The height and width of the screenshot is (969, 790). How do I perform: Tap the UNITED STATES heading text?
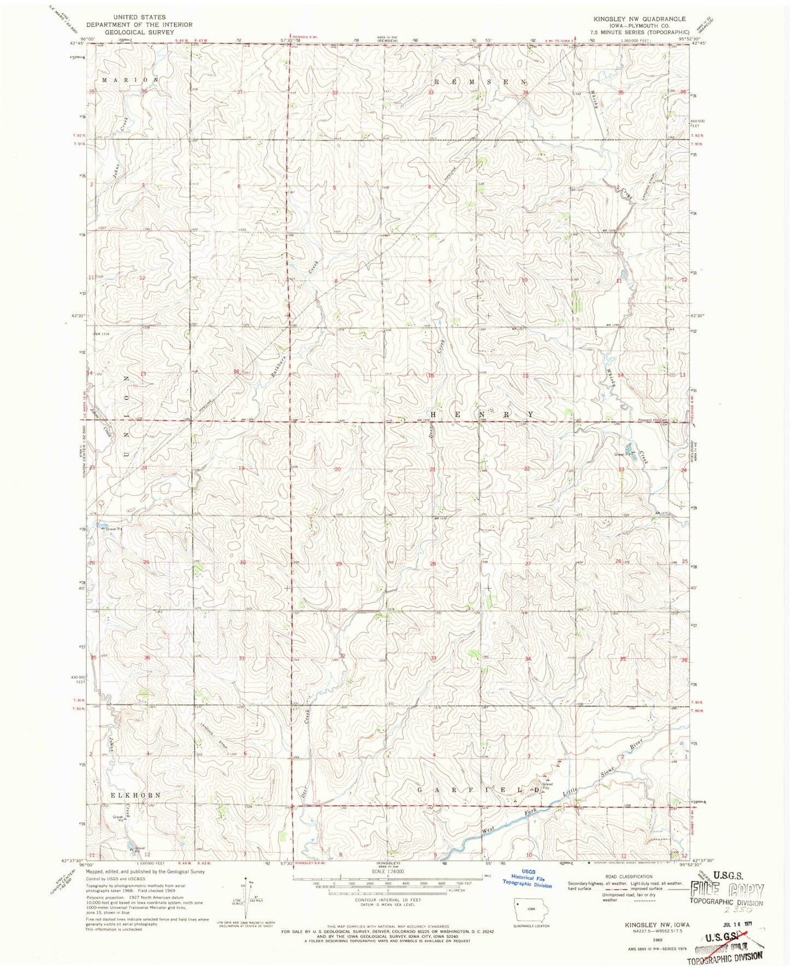[x=139, y=17]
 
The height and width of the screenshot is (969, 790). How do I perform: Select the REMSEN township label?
[x=481, y=81]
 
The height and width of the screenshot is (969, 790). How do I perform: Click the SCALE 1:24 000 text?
[x=388, y=872]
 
